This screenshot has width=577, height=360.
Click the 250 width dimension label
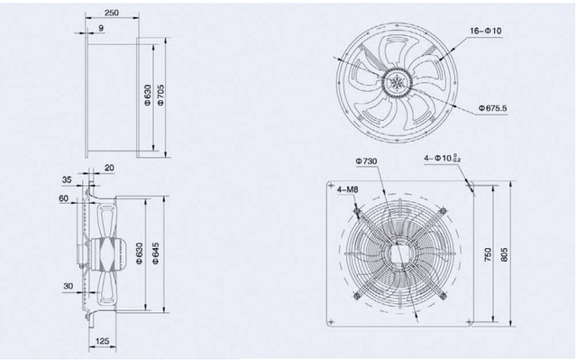point(112,13)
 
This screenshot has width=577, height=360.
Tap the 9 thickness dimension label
point(101,28)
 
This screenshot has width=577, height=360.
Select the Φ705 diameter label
point(160,96)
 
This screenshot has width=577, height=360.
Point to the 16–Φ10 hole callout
point(485,31)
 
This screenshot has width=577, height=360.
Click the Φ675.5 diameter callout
point(492,108)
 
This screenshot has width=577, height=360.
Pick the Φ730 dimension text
point(366,162)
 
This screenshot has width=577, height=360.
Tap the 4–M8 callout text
point(348,189)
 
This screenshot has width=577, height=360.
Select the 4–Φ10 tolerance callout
point(443,158)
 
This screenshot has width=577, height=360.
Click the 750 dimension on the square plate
point(487,254)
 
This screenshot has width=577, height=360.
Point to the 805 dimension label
point(504,254)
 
